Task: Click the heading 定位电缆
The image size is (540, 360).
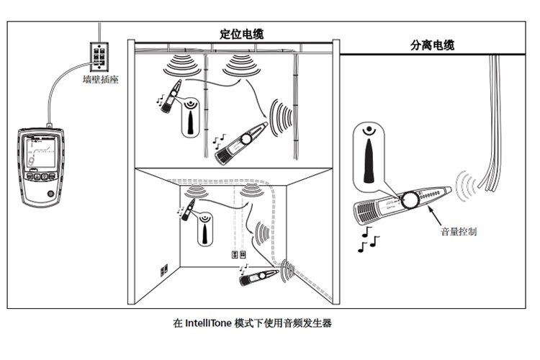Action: pos(241,33)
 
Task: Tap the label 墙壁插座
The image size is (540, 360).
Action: pos(100,81)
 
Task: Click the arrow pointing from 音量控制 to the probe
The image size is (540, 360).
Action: pos(436,215)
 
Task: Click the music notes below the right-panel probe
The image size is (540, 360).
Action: pos(369,239)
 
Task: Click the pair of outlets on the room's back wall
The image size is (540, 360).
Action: pos(238,255)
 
